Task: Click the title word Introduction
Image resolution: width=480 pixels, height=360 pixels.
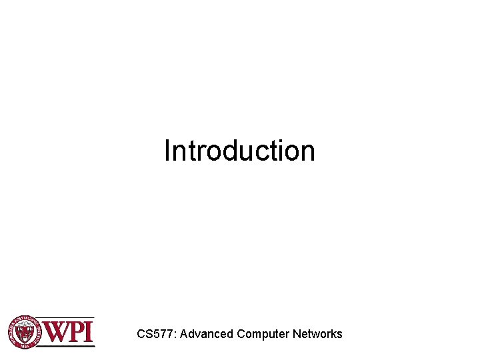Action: (239, 151)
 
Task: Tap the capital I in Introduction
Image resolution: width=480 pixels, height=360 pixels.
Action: (167, 151)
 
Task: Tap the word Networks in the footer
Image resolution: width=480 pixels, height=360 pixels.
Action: (317, 334)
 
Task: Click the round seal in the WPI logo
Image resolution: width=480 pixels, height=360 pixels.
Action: (25, 331)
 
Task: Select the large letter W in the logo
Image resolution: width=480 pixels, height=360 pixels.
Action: (56, 331)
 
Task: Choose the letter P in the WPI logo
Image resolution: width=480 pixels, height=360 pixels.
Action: (76, 331)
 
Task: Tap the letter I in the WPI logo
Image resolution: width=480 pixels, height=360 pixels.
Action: (89, 331)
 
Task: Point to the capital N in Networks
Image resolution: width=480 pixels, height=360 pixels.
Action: (297, 334)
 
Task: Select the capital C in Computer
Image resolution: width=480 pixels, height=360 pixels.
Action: (241, 334)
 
